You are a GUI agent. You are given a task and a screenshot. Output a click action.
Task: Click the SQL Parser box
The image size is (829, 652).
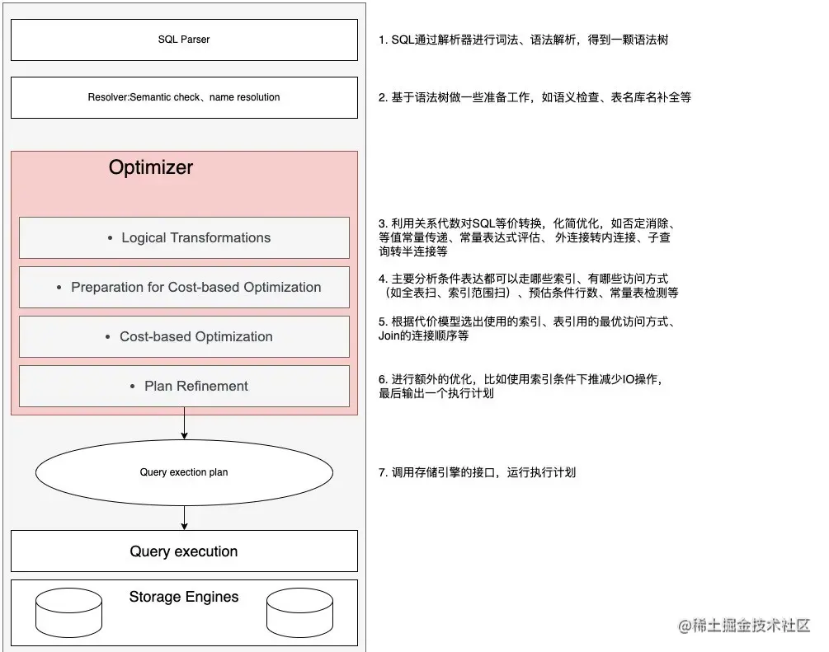184,40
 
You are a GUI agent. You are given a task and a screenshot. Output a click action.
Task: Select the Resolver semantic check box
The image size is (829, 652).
184,97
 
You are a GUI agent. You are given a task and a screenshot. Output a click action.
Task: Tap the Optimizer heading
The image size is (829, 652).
151,167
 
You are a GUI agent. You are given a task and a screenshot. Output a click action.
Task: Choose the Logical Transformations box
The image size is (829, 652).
184,237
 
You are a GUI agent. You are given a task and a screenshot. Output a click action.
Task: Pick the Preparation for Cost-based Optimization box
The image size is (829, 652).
184,287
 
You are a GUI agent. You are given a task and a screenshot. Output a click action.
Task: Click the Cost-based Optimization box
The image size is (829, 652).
184,336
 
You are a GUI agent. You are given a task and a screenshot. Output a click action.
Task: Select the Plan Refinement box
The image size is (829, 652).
184,386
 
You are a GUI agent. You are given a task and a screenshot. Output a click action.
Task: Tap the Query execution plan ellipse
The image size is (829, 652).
184,472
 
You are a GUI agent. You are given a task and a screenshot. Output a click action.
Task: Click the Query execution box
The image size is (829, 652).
184,551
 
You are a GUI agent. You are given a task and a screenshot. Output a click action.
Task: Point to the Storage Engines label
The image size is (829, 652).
184,597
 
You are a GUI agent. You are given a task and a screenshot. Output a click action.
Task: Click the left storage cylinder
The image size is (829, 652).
68,612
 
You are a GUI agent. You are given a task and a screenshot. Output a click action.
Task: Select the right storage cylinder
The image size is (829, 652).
299,612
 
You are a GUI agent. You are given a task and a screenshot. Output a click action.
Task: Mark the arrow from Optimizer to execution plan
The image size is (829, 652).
184,425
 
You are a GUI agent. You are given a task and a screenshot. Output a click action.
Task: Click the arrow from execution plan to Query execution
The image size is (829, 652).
184,517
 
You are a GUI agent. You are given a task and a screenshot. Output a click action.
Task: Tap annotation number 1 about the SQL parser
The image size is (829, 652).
523,40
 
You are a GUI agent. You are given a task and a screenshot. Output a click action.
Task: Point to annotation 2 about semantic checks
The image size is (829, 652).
535,97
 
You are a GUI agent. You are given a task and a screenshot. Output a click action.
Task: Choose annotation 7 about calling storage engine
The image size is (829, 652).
477,472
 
